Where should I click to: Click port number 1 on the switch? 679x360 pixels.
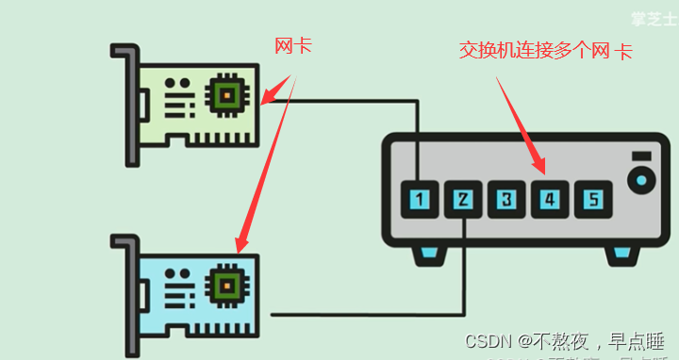[419, 199]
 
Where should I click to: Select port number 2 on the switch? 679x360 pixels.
[463, 199]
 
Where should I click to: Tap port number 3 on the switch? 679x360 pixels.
[506, 199]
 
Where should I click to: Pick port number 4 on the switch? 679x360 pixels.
[550, 199]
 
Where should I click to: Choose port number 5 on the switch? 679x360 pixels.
[593, 199]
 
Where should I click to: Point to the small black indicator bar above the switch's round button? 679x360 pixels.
[642, 155]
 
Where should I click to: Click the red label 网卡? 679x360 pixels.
[293, 45]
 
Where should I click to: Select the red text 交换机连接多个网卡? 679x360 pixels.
[545, 51]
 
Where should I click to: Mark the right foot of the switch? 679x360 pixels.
[621, 253]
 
